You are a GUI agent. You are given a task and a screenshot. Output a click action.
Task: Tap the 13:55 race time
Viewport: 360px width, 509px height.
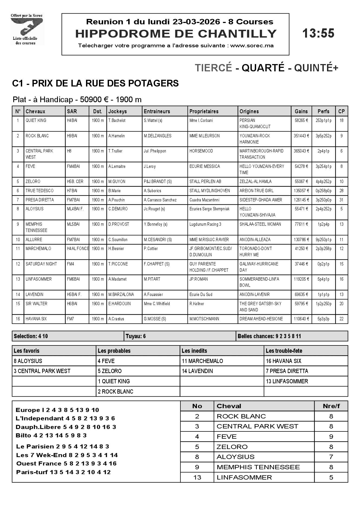click(x=318, y=34)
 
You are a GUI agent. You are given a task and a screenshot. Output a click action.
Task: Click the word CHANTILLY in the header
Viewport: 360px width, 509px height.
click(x=237, y=34)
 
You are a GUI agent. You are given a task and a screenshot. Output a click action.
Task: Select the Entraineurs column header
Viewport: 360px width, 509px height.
click(x=157, y=111)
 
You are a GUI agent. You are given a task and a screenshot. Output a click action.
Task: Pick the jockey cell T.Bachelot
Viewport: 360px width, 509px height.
click(x=117, y=121)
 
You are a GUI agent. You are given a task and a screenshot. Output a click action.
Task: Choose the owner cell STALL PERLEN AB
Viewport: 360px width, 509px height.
click(x=205, y=182)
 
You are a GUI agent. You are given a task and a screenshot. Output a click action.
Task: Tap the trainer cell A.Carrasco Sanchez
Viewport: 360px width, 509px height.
click(x=160, y=200)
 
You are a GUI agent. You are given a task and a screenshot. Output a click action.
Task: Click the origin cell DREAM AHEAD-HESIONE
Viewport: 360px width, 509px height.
click(x=261, y=319)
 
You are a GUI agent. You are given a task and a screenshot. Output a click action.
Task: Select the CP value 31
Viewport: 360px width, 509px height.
click(x=341, y=200)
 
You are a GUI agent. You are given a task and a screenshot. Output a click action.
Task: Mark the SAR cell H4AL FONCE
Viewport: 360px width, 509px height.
click(x=78, y=249)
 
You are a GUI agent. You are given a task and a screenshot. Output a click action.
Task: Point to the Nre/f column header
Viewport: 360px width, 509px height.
click(x=331, y=406)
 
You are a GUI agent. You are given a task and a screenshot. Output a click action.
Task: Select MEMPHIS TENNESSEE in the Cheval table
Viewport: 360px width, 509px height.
click(x=258, y=467)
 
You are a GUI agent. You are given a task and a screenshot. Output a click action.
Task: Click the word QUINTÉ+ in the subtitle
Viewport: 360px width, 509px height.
click(x=316, y=68)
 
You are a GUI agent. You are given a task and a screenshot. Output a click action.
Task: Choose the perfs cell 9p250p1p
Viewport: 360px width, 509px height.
click(x=323, y=240)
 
